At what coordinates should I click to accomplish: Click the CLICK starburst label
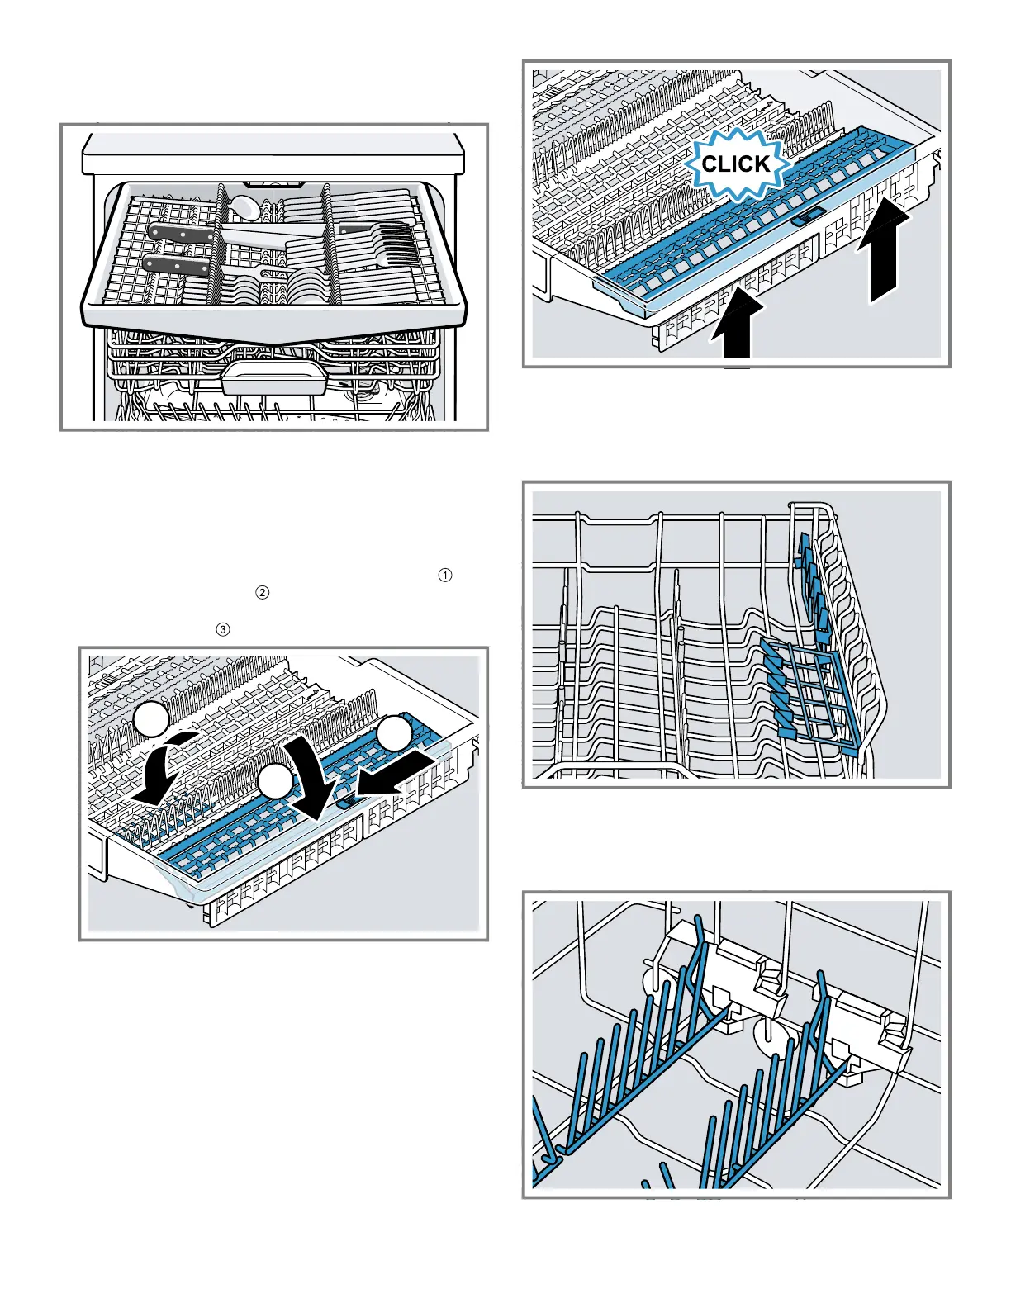coord(734,163)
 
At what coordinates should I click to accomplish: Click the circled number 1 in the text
coord(445,576)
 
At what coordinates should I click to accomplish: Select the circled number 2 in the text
coord(263,592)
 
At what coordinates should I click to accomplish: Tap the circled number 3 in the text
coord(222,629)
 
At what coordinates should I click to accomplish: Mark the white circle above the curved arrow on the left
coord(152,720)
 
